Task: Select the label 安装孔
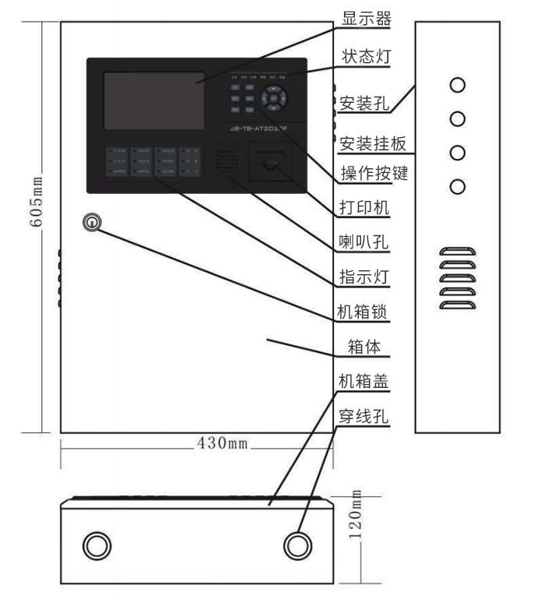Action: click(363, 102)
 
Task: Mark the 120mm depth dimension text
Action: click(355, 516)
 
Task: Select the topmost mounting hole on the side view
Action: click(459, 85)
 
